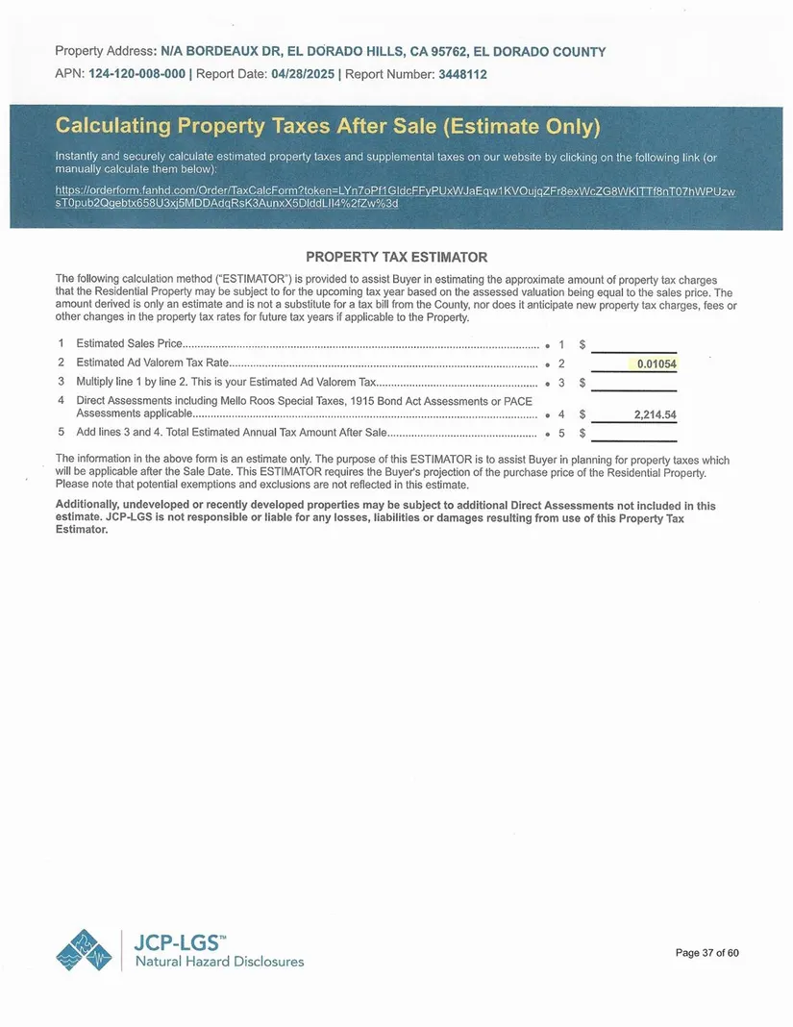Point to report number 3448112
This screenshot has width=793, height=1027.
(463, 74)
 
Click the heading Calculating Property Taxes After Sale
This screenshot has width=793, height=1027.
(327, 127)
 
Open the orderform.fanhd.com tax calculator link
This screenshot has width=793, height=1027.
(395, 197)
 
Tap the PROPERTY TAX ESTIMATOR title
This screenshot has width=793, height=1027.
(396, 257)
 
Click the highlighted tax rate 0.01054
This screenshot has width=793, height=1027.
(657, 363)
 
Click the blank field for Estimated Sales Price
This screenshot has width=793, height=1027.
(633, 344)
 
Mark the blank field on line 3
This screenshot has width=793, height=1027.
(633, 383)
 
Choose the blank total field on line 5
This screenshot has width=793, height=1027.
(633, 434)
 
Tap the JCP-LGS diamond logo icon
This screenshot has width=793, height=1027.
(84, 950)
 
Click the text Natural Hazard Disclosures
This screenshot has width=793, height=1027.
(219, 962)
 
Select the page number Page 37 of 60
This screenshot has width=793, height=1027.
(707, 953)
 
